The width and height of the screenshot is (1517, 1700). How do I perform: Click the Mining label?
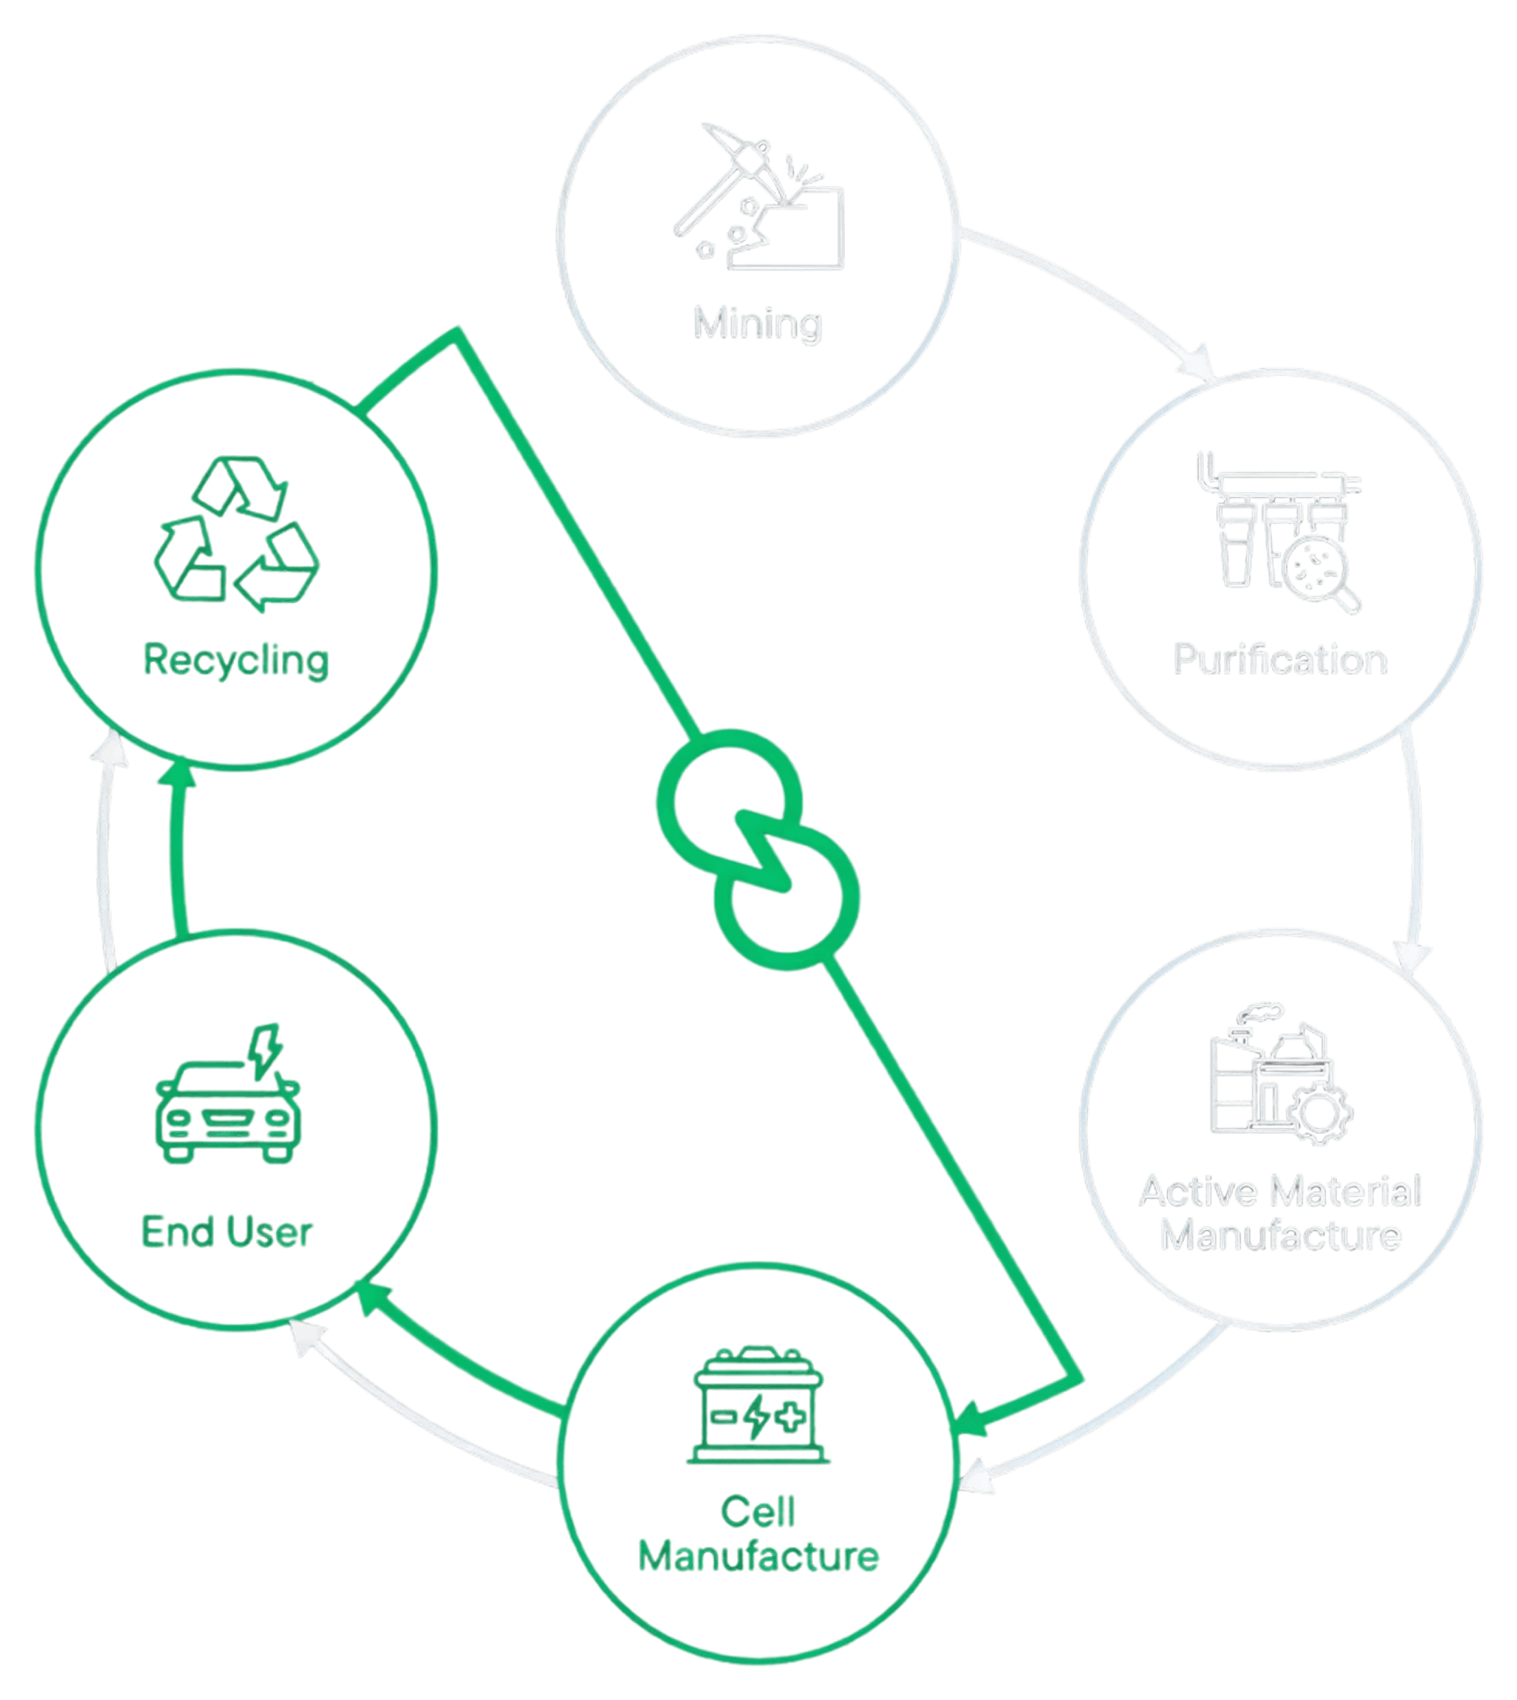(757, 323)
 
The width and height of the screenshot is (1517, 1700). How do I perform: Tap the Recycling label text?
(236, 660)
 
